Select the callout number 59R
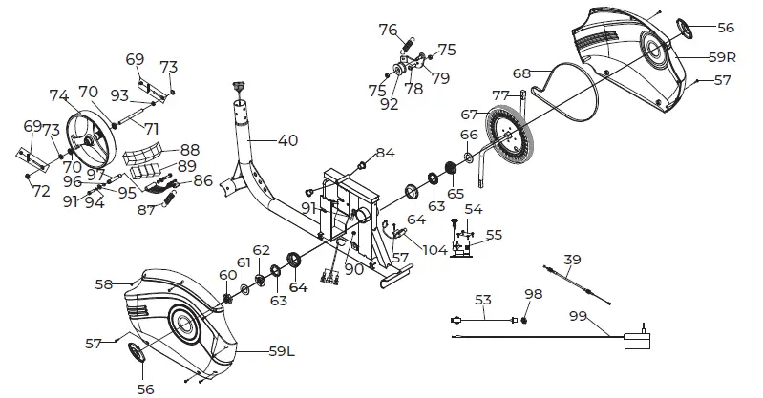(x=721, y=57)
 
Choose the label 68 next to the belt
(x=520, y=73)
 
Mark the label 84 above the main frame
(x=385, y=153)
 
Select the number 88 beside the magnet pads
(x=190, y=149)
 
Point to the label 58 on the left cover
(x=104, y=283)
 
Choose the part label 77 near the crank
(x=499, y=95)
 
